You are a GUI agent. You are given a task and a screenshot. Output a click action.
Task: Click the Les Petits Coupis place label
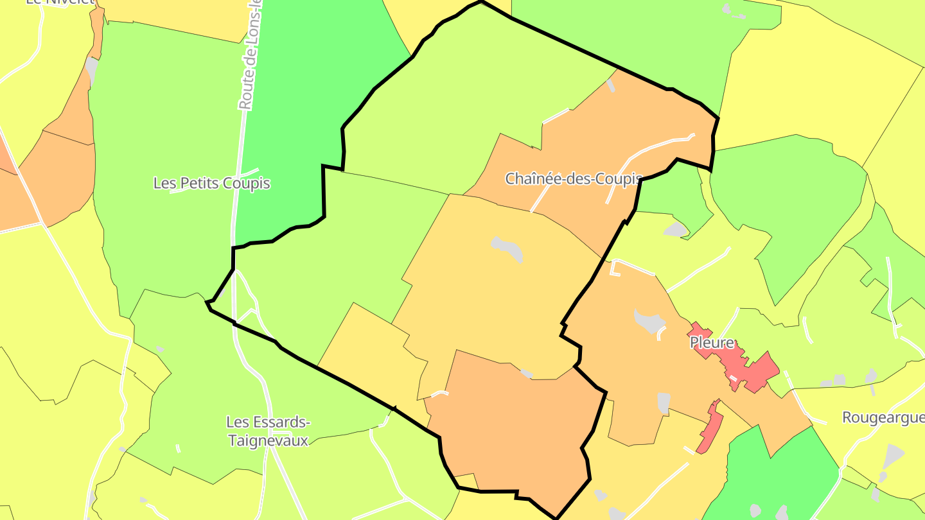click(x=211, y=184)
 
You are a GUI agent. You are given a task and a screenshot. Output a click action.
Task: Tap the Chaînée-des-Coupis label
click(x=573, y=178)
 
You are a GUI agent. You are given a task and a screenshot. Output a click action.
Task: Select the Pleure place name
click(x=712, y=343)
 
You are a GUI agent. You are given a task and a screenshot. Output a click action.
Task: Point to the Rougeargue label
click(x=883, y=418)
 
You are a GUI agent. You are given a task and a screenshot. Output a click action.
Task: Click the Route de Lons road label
click(x=250, y=58)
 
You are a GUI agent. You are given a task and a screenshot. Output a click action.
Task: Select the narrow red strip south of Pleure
click(x=710, y=427)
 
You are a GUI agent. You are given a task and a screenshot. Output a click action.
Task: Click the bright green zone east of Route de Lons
click(x=302, y=116)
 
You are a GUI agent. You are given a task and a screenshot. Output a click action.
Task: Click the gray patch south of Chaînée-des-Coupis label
click(x=507, y=248)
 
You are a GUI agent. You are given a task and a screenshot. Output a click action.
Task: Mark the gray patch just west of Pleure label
click(x=649, y=320)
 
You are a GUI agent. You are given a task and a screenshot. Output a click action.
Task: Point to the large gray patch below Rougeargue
click(x=893, y=456)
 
